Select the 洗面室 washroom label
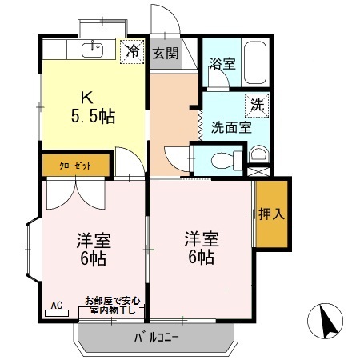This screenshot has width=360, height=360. pyautogui.click(x=230, y=126)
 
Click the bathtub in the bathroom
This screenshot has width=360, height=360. pyautogui.click(x=256, y=62)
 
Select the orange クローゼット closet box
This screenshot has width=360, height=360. pyautogui.click(x=76, y=165)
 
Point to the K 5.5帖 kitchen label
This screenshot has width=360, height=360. pyautogui.click(x=93, y=106)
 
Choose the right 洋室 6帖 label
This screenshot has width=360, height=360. pyautogui.click(x=200, y=248)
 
